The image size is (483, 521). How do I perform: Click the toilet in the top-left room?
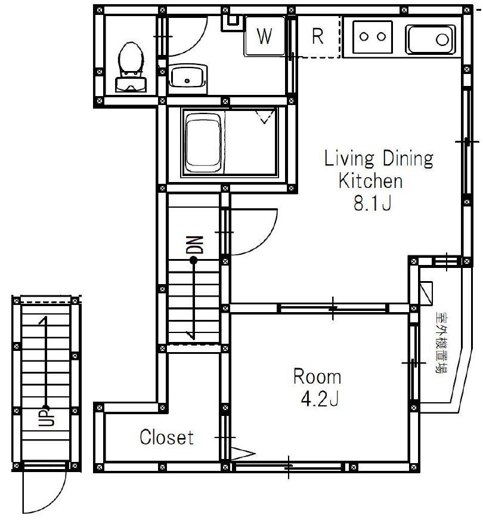pyautogui.click(x=131, y=67)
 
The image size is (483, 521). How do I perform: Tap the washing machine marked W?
pyautogui.click(x=265, y=36)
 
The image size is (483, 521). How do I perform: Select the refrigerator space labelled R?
pyautogui.click(x=318, y=36)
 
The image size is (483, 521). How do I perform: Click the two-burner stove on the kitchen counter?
pyautogui.click(x=373, y=36)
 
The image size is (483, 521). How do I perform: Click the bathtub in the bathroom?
pyautogui.click(x=203, y=142)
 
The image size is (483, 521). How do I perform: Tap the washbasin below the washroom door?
pyautogui.click(x=188, y=76)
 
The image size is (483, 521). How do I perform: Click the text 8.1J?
pyautogui.click(x=373, y=204)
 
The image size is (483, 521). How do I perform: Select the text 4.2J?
pyautogui.click(x=320, y=399)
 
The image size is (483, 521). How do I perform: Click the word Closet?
pyautogui.click(x=166, y=437)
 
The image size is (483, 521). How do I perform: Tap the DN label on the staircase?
pyautogui.click(x=194, y=245)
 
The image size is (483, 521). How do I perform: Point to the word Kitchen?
pyautogui.click(x=370, y=181)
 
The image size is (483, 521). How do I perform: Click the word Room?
pyautogui.click(x=317, y=377)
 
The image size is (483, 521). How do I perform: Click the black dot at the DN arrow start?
pyautogui.click(x=193, y=261)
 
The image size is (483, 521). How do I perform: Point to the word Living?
pyautogui.click(x=349, y=159)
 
